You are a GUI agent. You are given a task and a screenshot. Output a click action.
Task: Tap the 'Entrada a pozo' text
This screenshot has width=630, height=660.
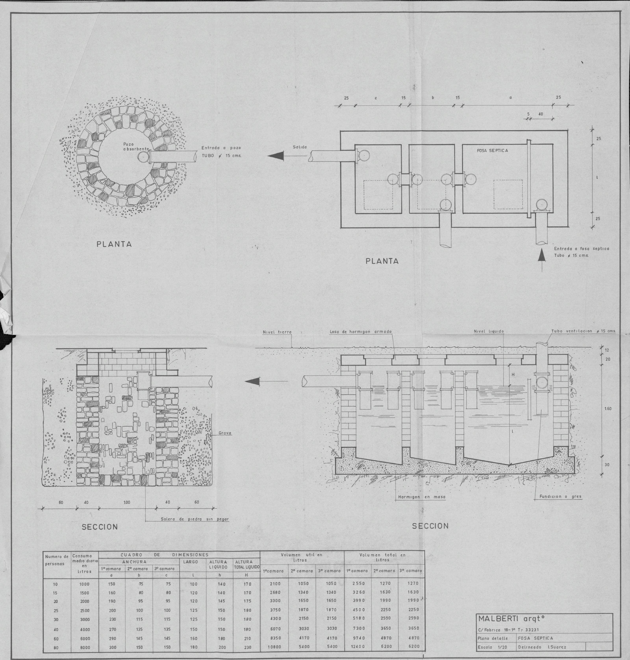tap(221, 148)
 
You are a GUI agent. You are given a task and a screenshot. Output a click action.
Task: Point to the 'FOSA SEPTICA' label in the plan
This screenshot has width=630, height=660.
tap(492, 150)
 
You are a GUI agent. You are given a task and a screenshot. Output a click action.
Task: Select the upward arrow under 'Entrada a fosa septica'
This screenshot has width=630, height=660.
tap(541, 260)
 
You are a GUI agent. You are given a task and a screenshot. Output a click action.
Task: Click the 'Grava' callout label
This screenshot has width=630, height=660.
tap(225, 433)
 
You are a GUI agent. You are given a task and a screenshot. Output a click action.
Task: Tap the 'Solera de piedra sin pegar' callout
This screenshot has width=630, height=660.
tap(195, 519)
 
